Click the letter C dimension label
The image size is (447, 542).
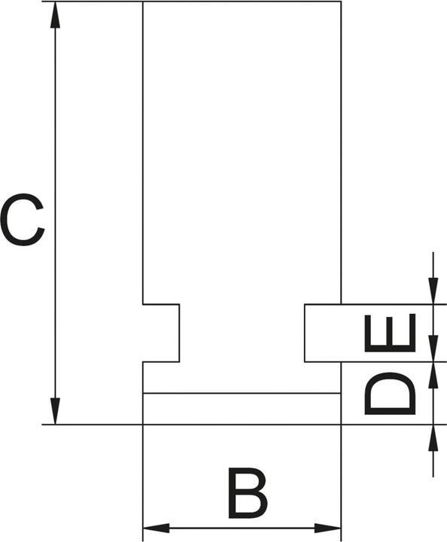point(22,220)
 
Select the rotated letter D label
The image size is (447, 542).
point(390,394)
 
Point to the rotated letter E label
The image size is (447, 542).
point(390,333)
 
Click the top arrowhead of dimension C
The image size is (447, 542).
point(55,16)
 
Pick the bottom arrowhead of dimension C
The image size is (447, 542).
point(55,411)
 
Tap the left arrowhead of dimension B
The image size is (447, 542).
point(156,528)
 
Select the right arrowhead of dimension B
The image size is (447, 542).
point(328,528)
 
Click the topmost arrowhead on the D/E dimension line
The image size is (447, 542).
point(433,291)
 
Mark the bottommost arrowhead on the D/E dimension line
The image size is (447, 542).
point(433,437)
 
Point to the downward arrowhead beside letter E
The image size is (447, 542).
point(433,349)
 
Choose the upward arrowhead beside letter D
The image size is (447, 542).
point(433,376)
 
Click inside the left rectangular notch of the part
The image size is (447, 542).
point(161,333)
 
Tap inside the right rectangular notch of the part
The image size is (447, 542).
point(323,333)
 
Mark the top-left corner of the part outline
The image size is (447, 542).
point(143,2)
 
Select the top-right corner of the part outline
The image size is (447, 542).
point(342,2)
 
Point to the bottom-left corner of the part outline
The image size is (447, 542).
point(143,424)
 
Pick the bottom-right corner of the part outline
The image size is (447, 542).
point(342,424)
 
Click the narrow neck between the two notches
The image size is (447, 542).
point(242,333)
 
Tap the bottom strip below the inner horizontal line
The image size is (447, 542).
point(242,409)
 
